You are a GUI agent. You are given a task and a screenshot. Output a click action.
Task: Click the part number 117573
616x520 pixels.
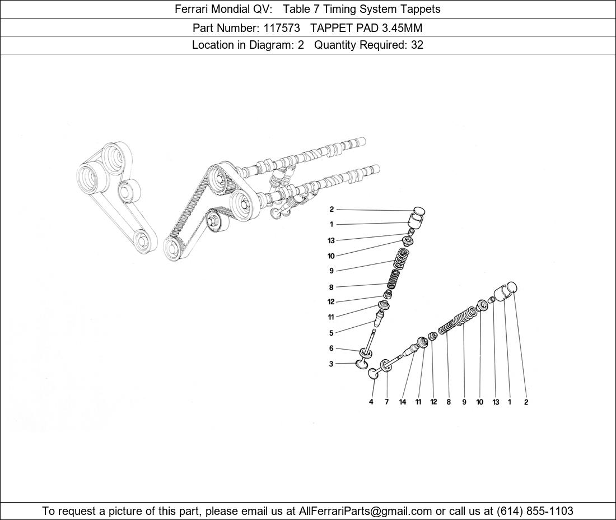[x=281, y=28]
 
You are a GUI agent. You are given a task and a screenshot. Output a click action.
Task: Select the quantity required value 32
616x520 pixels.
[x=417, y=45]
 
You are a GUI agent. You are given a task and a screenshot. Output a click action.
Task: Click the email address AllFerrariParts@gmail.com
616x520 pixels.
[x=365, y=511]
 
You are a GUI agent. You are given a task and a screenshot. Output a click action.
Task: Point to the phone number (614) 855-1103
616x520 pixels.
[x=535, y=511]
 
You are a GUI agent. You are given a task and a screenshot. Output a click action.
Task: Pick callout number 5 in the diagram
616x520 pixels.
[x=331, y=333]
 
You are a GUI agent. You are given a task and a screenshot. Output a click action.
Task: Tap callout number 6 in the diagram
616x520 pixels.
[x=331, y=349]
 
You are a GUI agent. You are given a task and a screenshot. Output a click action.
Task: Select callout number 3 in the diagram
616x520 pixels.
[x=331, y=364]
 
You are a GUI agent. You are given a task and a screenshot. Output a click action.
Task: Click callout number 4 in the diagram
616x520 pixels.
[x=371, y=402]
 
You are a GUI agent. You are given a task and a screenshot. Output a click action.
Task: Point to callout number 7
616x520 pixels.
[x=386, y=402]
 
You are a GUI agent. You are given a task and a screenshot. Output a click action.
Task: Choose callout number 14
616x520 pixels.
[x=402, y=402]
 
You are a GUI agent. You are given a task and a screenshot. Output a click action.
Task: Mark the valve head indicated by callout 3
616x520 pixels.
[x=362, y=364]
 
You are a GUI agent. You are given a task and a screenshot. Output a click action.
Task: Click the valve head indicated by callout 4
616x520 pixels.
[x=373, y=373]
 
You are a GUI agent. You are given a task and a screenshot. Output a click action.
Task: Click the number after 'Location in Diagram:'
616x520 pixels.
[x=301, y=45]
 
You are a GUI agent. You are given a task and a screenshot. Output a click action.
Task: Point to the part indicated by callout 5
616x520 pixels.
[x=379, y=318]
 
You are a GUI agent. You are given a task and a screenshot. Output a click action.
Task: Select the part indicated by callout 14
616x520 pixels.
[x=411, y=350]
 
